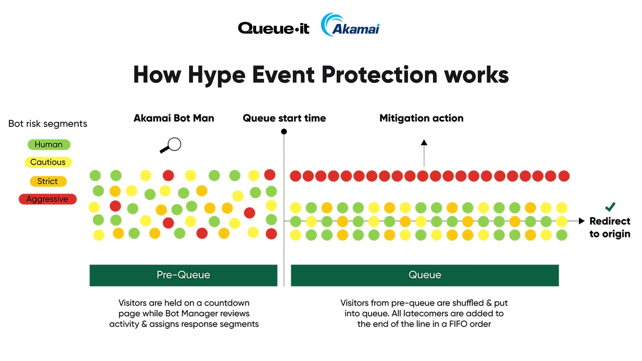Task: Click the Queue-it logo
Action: [273, 28]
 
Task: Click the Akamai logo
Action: [350, 25]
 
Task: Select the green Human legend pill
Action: [49, 145]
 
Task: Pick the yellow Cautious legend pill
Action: [48, 162]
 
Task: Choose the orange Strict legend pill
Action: [48, 181]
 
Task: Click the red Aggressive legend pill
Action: [48, 199]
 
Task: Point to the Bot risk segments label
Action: [48, 124]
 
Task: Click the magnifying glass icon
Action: [170, 145]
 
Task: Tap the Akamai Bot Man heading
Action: [174, 118]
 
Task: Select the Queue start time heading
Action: [284, 118]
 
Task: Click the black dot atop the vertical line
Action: [284, 132]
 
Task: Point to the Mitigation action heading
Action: [421, 118]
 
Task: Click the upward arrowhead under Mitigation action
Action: [424, 142]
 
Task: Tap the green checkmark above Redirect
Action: [610, 207]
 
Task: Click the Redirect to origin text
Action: [610, 227]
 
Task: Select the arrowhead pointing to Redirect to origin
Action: [582, 221]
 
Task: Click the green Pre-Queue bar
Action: [183, 275]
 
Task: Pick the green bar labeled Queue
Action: [425, 275]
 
